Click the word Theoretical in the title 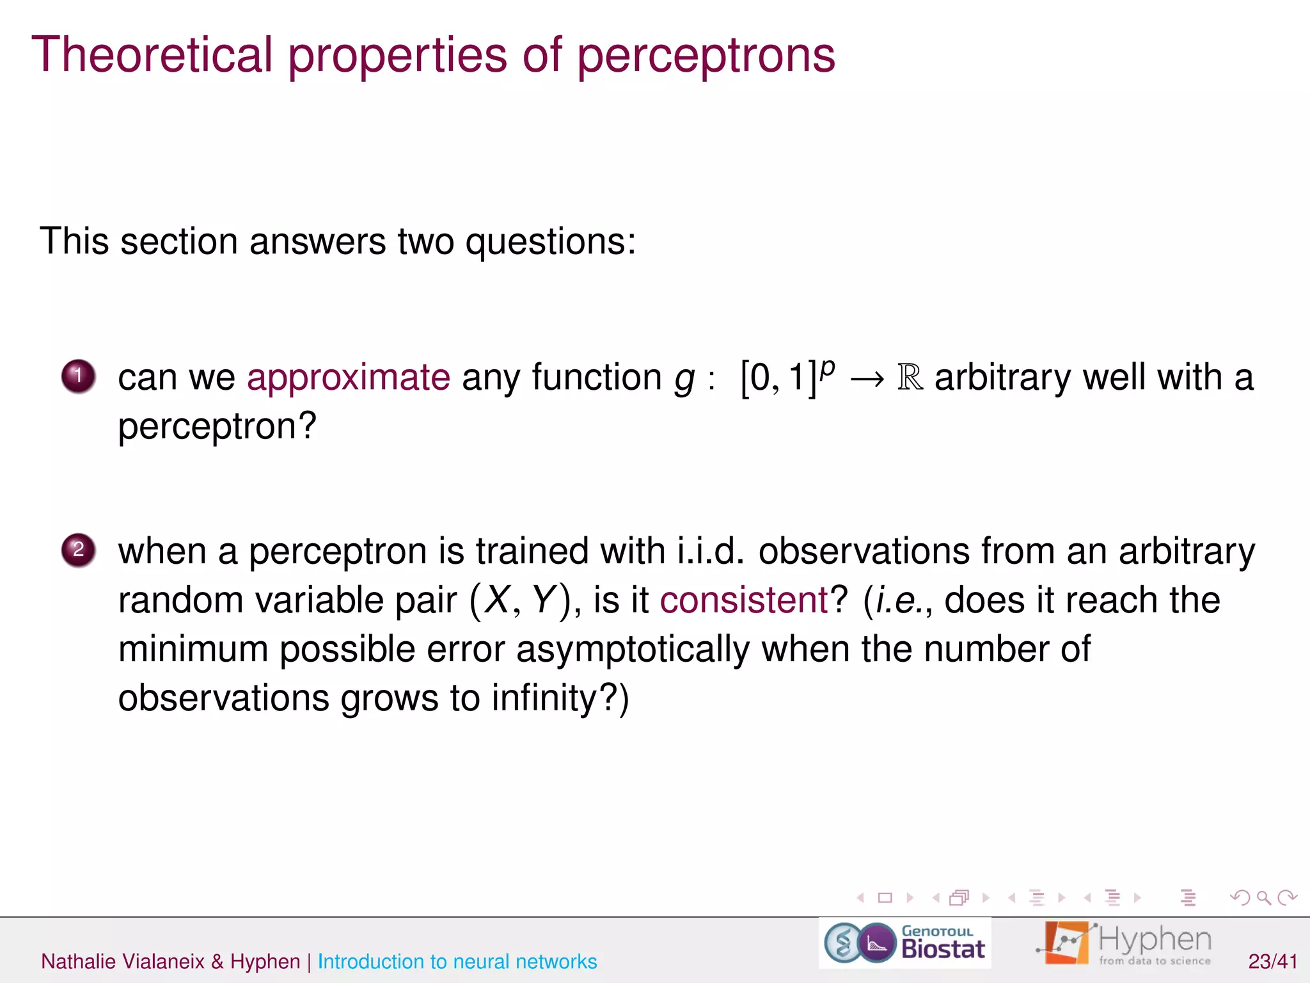(x=152, y=55)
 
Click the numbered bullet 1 (x=79, y=376)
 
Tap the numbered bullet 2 (x=79, y=550)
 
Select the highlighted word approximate (x=349, y=377)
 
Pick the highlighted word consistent (x=744, y=600)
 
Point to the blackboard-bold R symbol (x=910, y=378)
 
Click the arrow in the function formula (x=867, y=379)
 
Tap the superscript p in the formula (x=828, y=368)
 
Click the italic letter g (x=684, y=380)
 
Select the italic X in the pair (x=497, y=600)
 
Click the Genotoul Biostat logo (x=905, y=943)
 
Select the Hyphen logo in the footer (x=1125, y=943)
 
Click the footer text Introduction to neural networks (x=457, y=961)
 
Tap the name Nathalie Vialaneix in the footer (x=123, y=961)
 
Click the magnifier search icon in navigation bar (x=1263, y=898)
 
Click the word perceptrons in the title (x=706, y=55)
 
